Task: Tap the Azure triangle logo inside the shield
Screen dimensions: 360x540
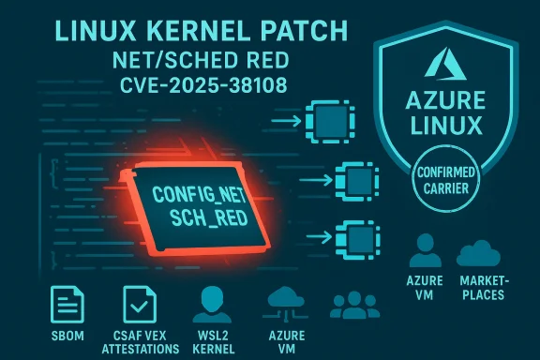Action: click(x=442, y=65)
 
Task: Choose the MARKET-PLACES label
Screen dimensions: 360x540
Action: click(x=480, y=288)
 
